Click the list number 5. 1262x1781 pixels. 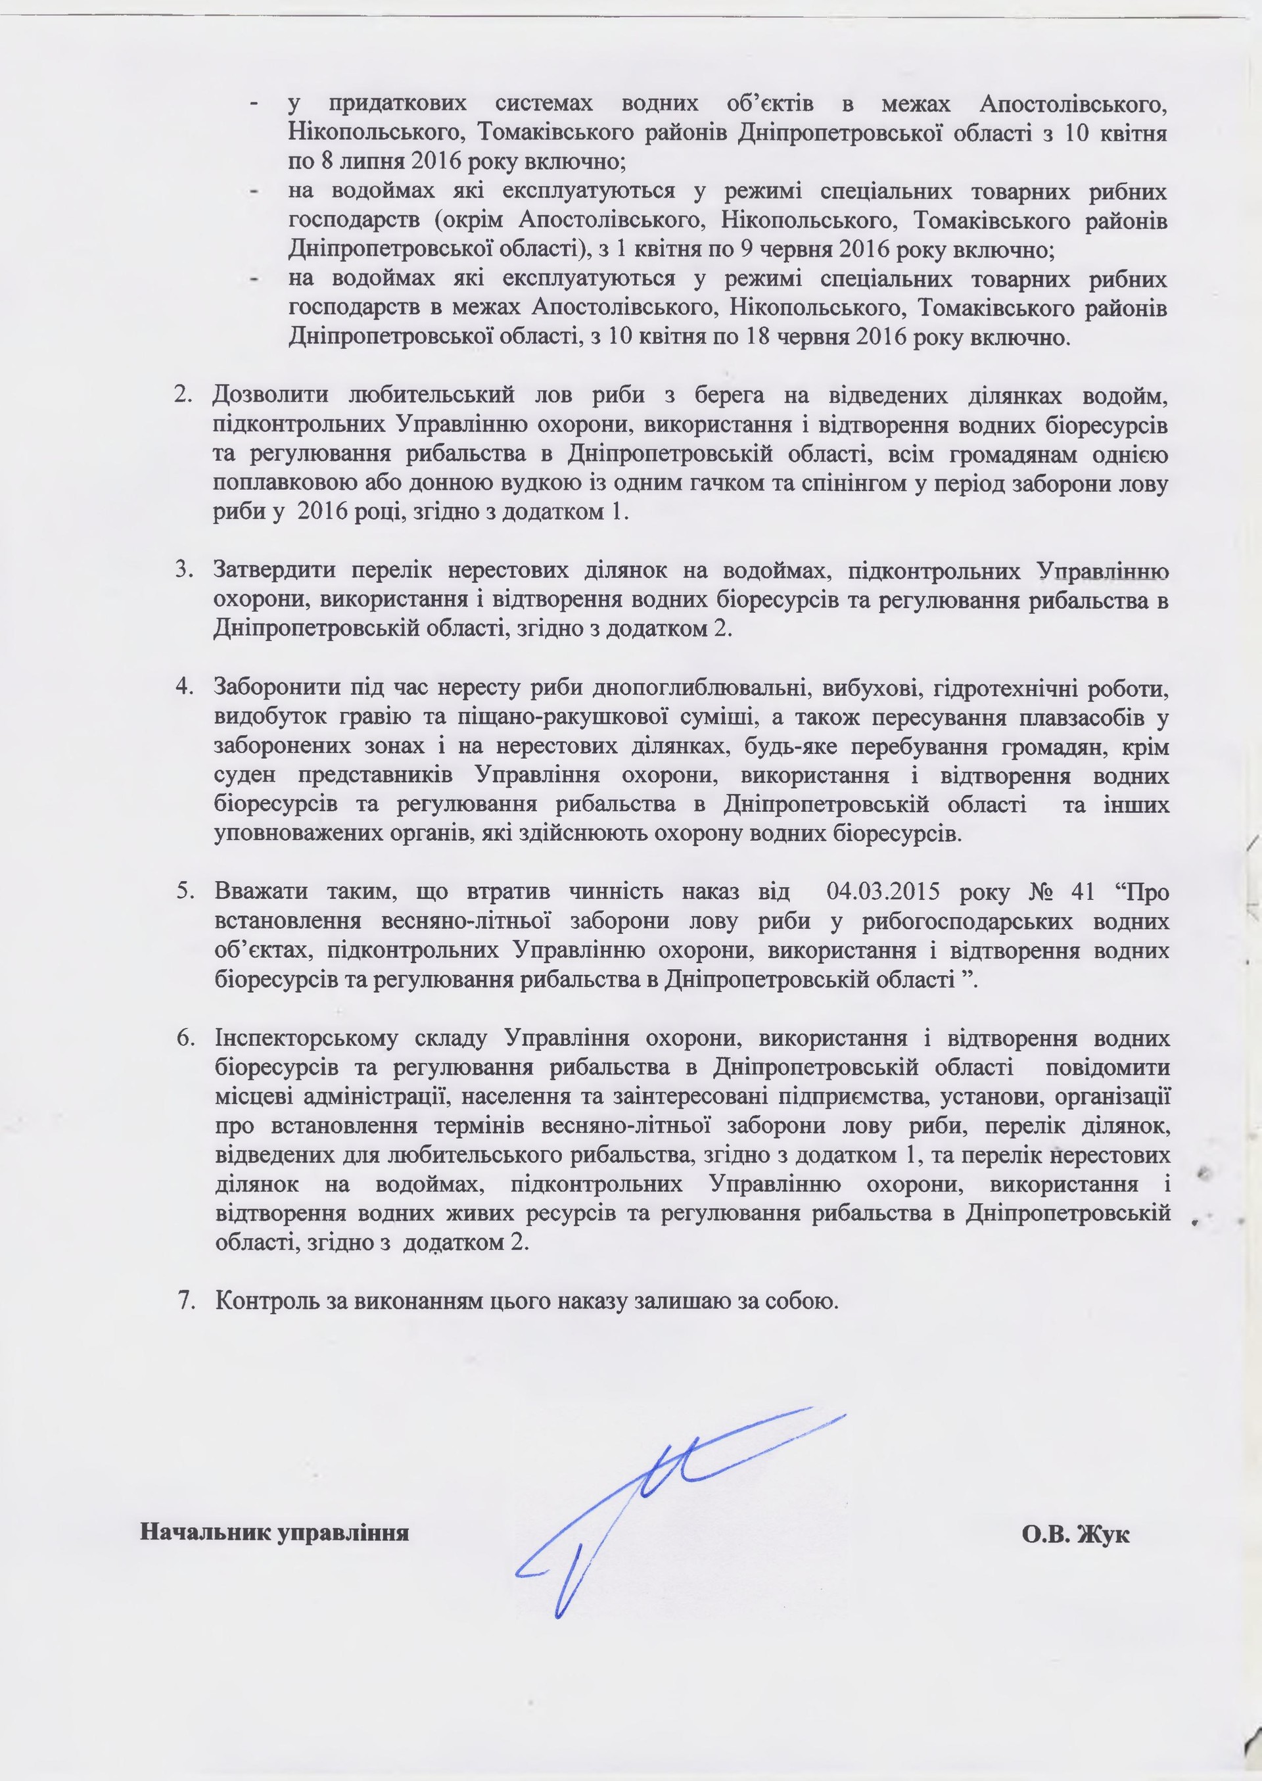pos(184,891)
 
